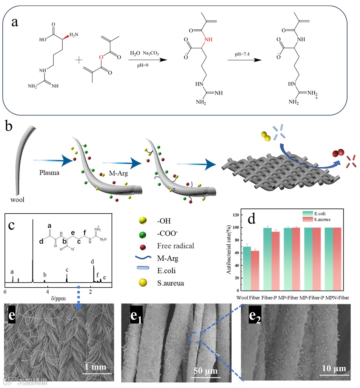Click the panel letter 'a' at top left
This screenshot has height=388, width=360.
(x=14, y=22)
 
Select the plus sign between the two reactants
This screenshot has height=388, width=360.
(x=79, y=60)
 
